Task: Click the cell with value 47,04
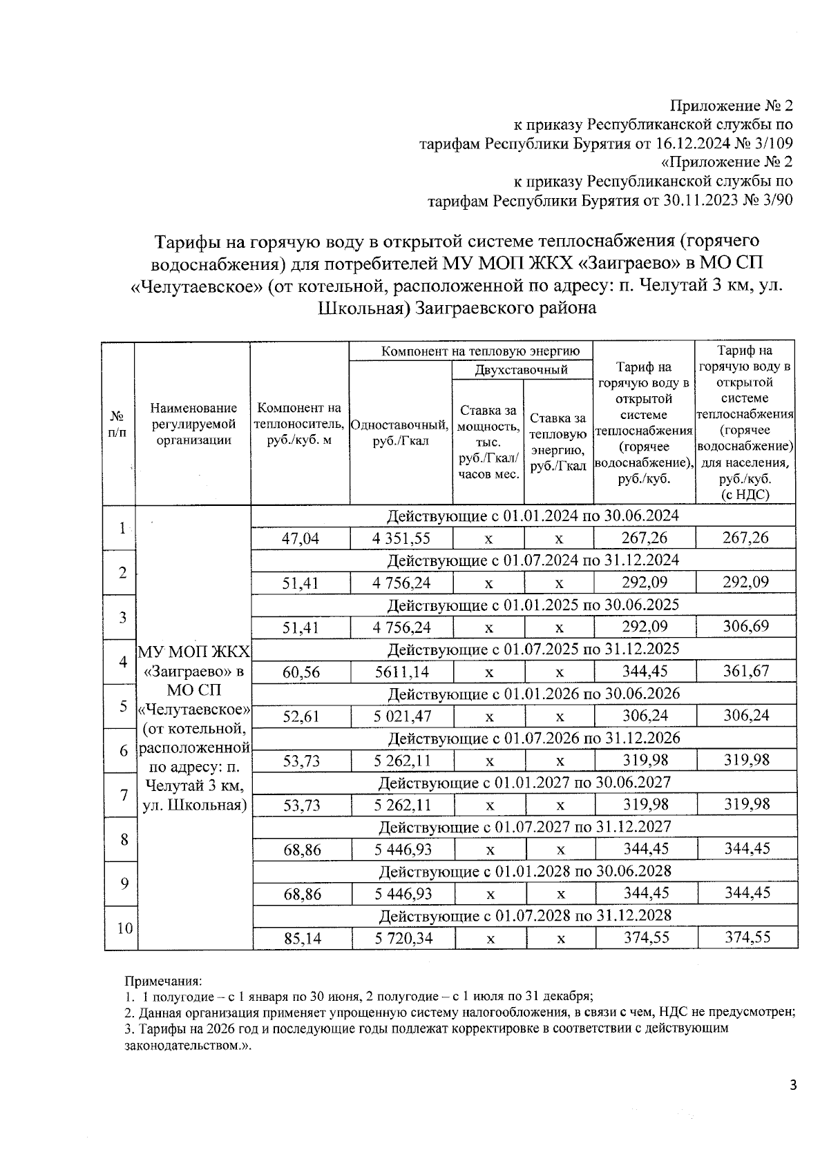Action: pos(301,538)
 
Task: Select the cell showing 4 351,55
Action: pos(401,538)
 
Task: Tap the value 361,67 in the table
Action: pos(745,671)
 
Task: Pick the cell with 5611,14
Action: pos(401,672)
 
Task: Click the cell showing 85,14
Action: pos(302,938)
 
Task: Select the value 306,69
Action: pos(745,627)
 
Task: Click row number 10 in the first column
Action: pos(124,928)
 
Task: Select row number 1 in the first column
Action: pos(122,528)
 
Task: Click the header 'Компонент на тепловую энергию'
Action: pos(476,351)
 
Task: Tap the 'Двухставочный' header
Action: pos(522,370)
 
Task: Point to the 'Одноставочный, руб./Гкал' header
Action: pos(401,433)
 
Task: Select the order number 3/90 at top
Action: pos(773,201)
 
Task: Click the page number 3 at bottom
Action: pos(793,1086)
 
